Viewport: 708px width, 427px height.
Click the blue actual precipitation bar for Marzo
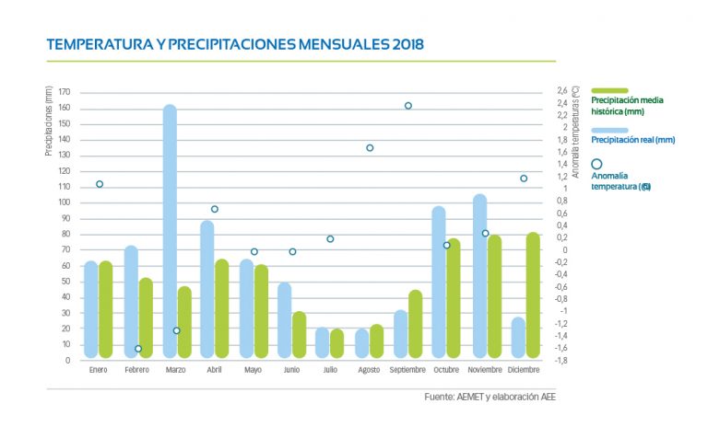click(170, 230)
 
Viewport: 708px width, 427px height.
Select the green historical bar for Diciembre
click(533, 294)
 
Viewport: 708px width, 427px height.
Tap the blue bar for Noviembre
click(479, 276)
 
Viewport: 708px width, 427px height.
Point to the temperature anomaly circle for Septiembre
click(408, 106)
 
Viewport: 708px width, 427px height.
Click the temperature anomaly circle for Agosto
click(370, 147)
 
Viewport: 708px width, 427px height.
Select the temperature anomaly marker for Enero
click(100, 184)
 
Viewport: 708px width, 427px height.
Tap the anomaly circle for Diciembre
click(524, 179)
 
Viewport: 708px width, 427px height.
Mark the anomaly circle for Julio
click(330, 239)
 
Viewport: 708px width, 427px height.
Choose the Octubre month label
click(446, 370)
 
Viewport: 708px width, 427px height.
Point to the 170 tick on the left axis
click(64, 92)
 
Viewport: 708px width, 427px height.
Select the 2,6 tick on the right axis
click(562, 90)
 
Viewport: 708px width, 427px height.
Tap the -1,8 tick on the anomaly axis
click(562, 360)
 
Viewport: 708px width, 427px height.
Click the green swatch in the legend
click(609, 90)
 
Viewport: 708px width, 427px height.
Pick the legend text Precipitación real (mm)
click(632, 140)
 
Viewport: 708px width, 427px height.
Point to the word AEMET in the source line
click(469, 398)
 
